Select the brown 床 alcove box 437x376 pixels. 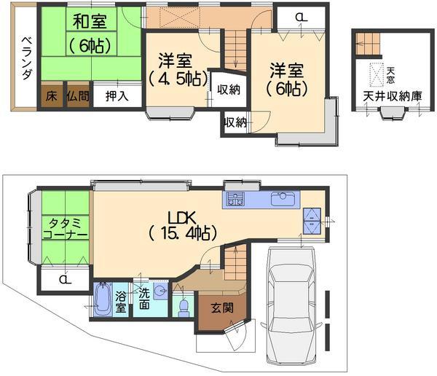point(51,95)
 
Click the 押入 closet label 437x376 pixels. point(117,95)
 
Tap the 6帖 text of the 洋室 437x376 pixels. point(286,88)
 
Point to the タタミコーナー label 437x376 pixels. point(65,229)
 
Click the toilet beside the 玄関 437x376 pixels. point(184,306)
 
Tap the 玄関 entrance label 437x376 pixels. point(221,308)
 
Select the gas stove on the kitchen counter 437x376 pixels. point(235,200)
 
